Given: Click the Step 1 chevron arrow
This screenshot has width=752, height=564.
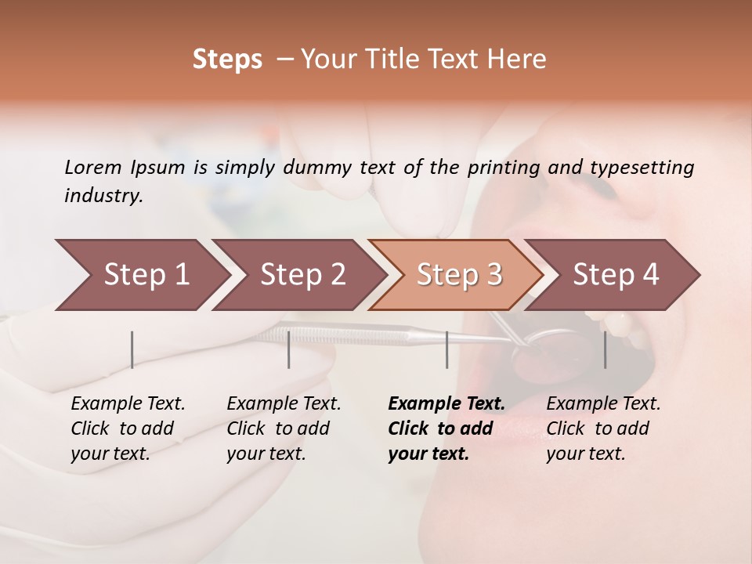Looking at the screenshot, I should (141, 274).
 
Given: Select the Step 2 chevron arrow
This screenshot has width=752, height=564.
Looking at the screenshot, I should (298, 274).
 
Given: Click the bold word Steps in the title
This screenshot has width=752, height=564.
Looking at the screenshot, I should (227, 59).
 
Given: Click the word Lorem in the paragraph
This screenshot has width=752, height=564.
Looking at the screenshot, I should (93, 167).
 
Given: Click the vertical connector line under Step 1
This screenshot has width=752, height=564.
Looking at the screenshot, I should (132, 349).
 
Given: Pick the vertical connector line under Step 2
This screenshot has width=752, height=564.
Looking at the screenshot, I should (289, 349).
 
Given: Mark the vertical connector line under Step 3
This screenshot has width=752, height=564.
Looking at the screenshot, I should (446, 349).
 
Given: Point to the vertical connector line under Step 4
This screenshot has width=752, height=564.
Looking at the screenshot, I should (605, 349).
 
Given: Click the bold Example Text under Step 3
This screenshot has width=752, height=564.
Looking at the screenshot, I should (446, 403).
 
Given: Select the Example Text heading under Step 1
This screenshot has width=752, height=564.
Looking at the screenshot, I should (128, 403).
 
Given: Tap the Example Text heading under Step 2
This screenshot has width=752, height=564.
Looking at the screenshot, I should (284, 403).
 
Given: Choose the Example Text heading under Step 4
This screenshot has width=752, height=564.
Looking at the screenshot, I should (603, 403).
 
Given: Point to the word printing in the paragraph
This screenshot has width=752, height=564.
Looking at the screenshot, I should (505, 167).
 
